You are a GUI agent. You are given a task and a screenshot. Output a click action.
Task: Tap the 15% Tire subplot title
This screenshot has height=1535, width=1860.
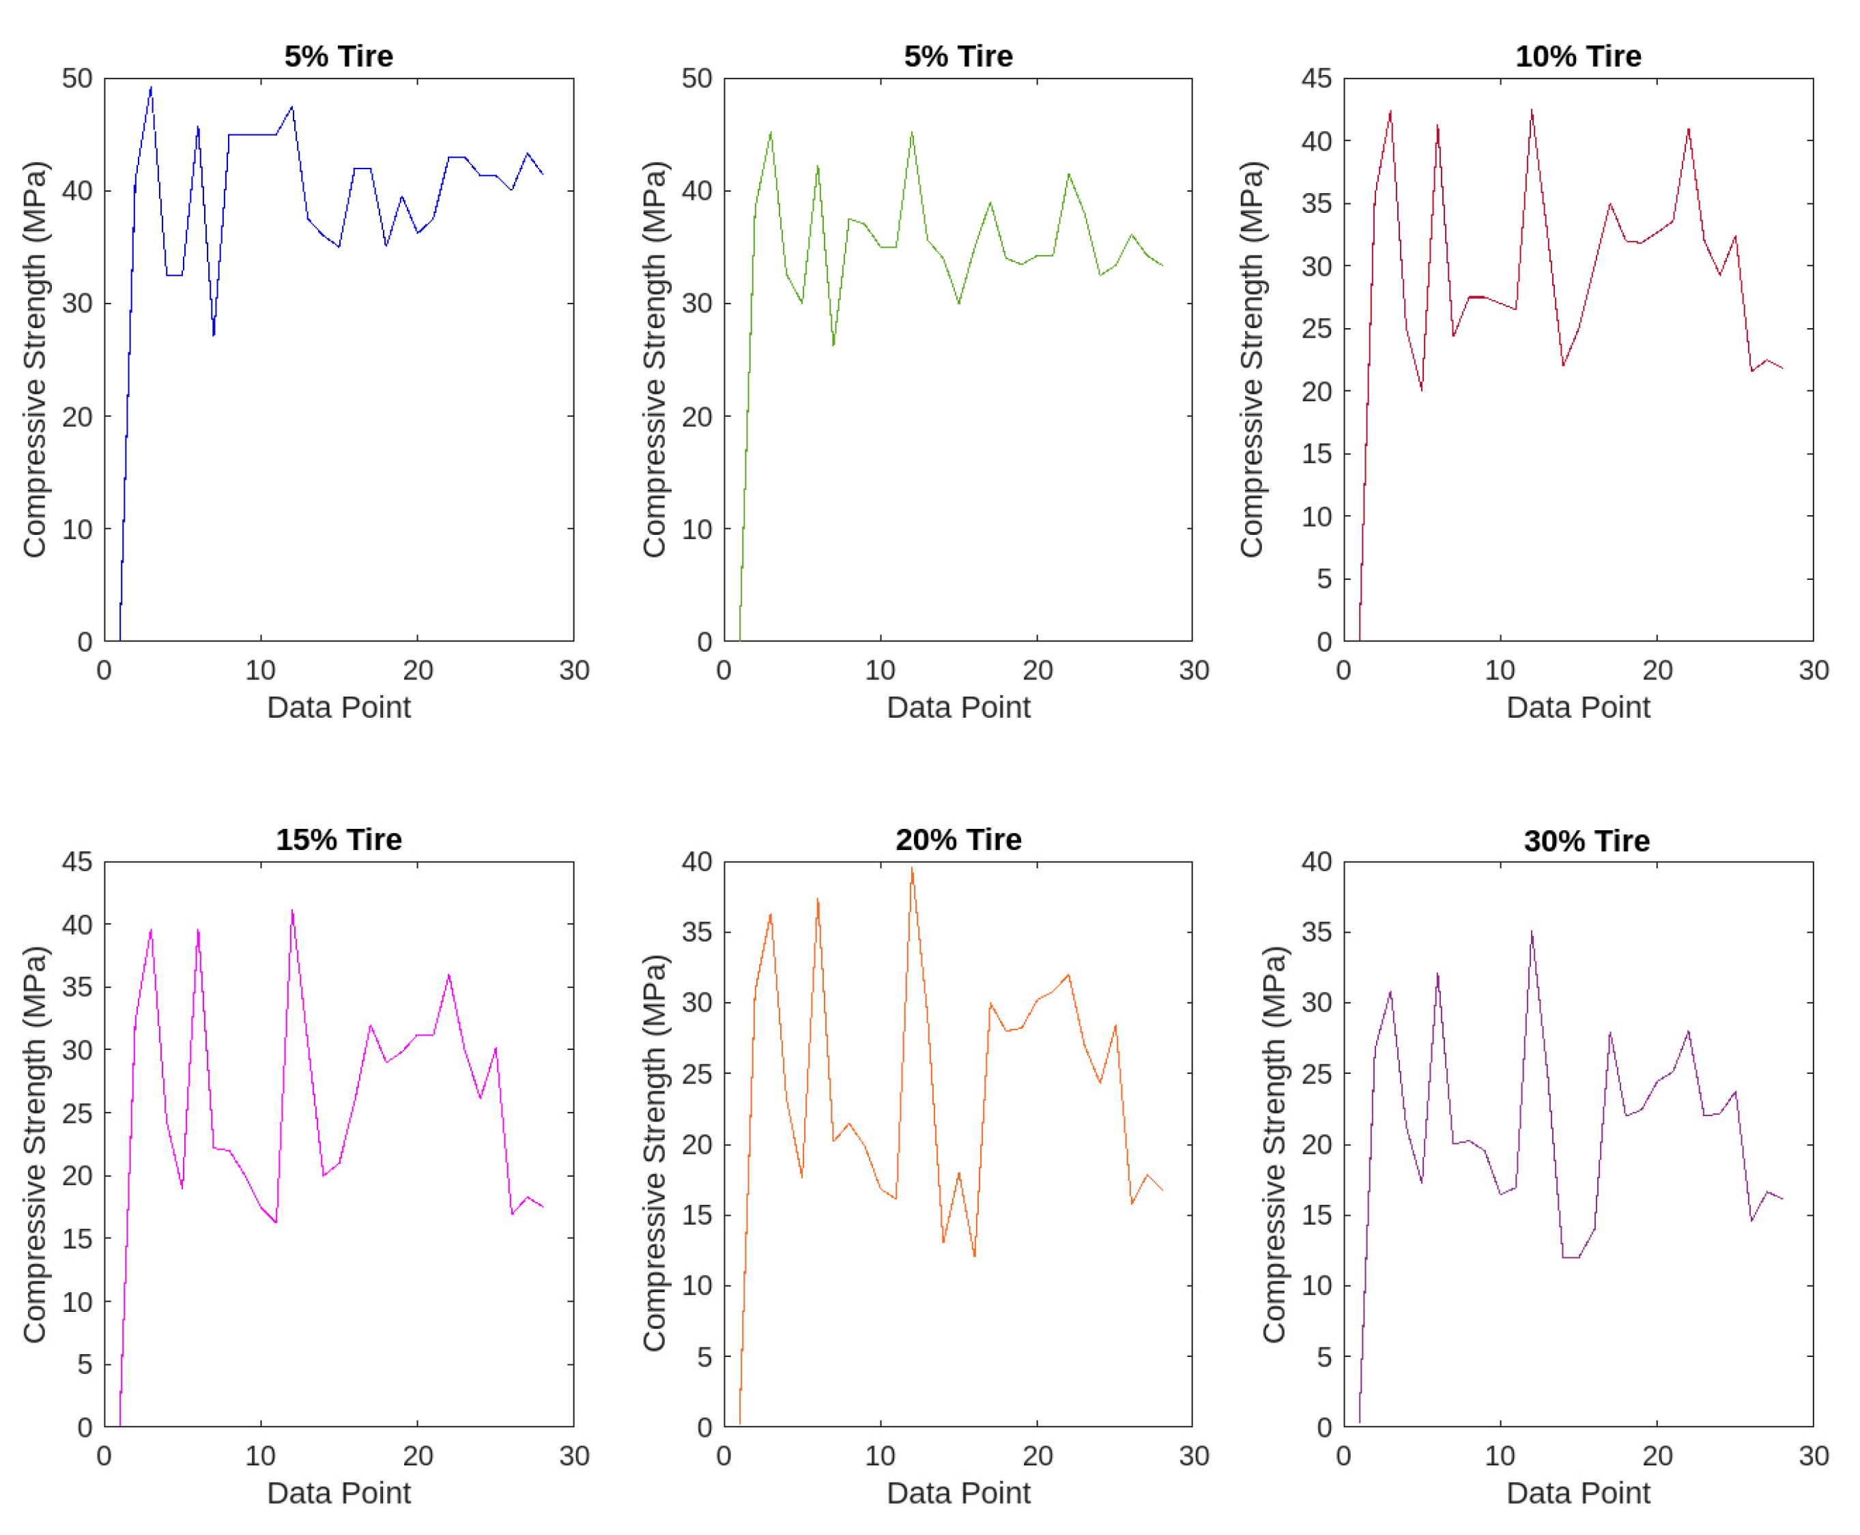[x=339, y=838]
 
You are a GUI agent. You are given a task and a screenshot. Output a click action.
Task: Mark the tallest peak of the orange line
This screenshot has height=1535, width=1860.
[x=912, y=868]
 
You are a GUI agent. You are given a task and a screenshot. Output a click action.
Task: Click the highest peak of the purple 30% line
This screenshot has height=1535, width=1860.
[x=1531, y=931]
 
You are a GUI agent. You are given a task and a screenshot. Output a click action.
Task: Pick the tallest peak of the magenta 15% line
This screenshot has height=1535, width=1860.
[x=292, y=910]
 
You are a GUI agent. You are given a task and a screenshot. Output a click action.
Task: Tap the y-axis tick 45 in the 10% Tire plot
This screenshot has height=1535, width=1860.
[x=1316, y=78]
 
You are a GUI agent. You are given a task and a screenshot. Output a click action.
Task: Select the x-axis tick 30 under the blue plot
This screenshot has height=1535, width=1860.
[x=574, y=670]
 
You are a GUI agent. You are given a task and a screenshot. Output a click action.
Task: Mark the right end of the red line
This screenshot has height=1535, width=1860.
[x=1782, y=368]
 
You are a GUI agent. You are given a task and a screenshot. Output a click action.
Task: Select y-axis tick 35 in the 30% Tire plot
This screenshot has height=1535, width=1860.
[x=1316, y=932]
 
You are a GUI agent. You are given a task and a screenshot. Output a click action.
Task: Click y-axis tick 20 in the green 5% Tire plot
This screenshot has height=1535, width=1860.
[x=696, y=416]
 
